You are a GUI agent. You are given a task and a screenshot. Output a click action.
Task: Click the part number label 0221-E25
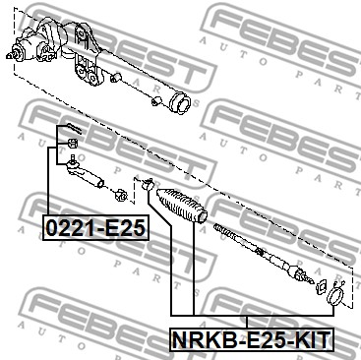point(95,228)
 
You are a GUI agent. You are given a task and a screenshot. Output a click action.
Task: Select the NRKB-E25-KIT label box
point(252,339)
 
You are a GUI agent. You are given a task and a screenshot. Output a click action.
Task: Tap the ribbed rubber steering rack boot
point(182,206)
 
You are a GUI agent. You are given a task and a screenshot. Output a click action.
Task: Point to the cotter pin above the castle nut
point(74,128)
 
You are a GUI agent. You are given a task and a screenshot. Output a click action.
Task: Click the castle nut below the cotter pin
point(72,144)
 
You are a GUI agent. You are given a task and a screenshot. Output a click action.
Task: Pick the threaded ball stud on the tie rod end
point(73,158)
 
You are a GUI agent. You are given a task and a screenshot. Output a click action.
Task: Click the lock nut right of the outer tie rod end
point(122,195)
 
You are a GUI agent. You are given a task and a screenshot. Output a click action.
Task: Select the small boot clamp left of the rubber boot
point(148,184)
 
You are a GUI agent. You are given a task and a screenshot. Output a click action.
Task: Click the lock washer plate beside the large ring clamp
point(321,286)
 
